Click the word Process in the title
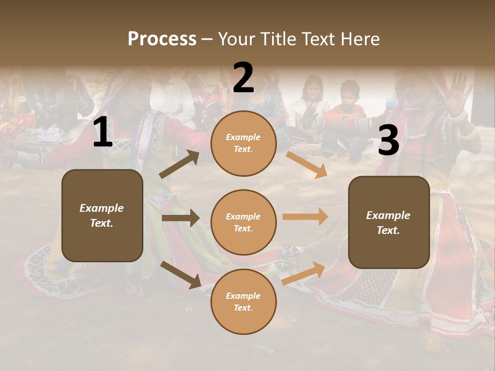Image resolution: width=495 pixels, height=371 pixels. click(x=162, y=39)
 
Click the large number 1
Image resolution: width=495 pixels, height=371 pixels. click(x=103, y=132)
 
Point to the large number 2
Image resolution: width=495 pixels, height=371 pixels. click(x=243, y=78)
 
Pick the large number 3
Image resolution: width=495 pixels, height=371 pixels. click(x=388, y=140)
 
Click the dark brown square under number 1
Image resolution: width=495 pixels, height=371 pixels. click(x=102, y=215)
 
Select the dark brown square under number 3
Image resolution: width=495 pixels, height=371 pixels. click(x=389, y=223)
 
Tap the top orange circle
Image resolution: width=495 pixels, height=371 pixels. click(x=243, y=143)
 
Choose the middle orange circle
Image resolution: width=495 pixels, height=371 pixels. click(x=243, y=223)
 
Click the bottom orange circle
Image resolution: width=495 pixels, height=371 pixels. click(x=243, y=302)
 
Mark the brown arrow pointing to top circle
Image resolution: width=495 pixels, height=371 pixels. click(x=179, y=164)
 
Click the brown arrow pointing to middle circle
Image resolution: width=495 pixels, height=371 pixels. click(x=180, y=218)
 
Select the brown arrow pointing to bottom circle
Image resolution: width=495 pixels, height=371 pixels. click(x=180, y=274)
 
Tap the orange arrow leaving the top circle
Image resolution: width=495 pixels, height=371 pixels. click(x=306, y=164)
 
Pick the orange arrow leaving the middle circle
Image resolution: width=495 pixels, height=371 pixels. click(x=305, y=217)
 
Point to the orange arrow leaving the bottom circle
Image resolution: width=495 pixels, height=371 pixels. click(x=303, y=273)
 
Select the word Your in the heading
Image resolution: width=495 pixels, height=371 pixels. click(x=234, y=39)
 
